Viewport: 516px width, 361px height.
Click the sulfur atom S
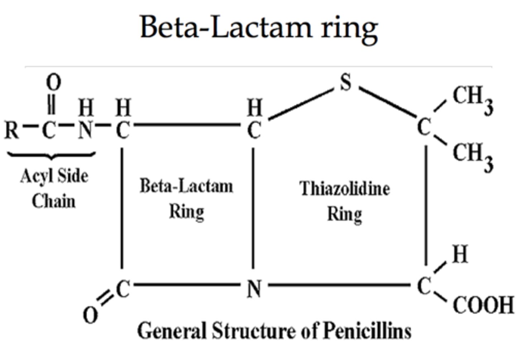pyautogui.click(x=345, y=83)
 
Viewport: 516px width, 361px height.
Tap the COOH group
pyautogui.click(x=483, y=305)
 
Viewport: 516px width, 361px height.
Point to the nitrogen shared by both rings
pyautogui.click(x=254, y=289)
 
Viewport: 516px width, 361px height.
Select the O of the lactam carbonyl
pyautogui.click(x=90, y=315)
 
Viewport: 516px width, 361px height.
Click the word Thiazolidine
pyautogui.click(x=345, y=189)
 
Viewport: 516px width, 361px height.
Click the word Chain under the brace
pyautogui.click(x=54, y=201)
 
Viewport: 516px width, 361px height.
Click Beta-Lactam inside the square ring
pyautogui.click(x=186, y=186)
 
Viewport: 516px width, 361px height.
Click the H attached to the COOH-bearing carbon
pyautogui.click(x=460, y=254)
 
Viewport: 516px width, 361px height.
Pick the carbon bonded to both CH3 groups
pyautogui.click(x=424, y=127)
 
